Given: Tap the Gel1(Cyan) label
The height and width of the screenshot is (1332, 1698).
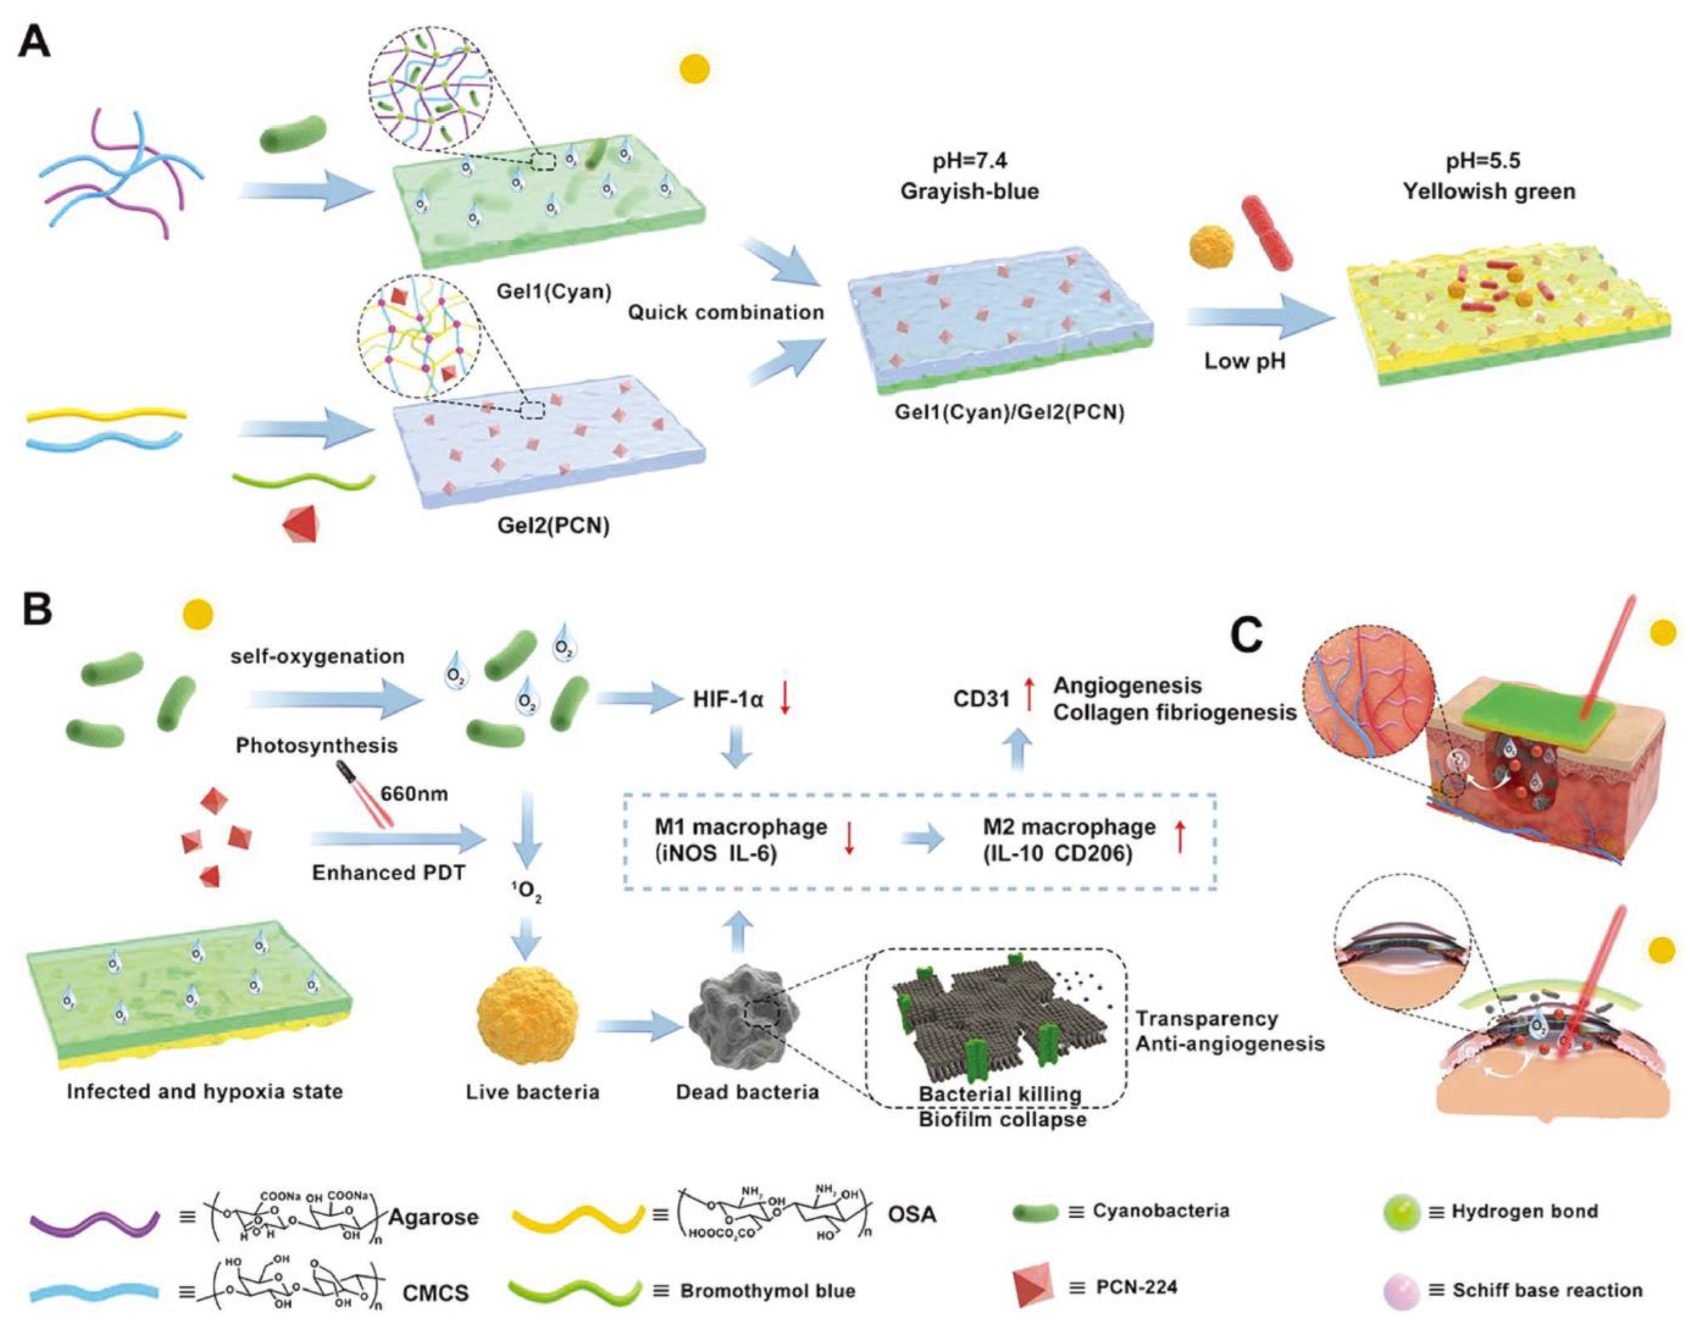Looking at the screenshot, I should tap(553, 292).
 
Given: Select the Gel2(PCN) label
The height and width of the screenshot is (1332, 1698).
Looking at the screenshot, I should tap(553, 526).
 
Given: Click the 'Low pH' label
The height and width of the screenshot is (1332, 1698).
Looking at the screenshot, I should tap(1245, 361).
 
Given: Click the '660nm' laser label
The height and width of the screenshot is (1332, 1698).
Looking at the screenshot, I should tap(414, 794).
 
